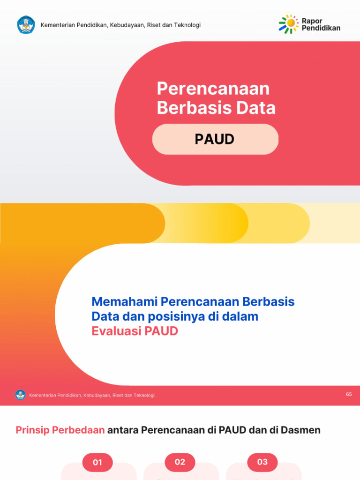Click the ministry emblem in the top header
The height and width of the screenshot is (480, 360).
(26, 25)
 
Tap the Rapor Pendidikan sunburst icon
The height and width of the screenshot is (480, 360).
(288, 24)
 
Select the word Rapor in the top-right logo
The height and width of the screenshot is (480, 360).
(312, 21)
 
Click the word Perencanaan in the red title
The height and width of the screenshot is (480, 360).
(213, 89)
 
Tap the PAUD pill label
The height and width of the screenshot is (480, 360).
(215, 139)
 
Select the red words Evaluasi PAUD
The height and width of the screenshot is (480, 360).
(135, 331)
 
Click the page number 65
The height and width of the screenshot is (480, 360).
(349, 394)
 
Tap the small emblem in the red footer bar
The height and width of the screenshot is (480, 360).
(20, 395)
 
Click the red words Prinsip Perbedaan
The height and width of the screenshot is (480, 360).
(60, 430)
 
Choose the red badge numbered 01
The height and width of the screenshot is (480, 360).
(97, 462)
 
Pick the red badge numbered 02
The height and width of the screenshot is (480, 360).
(180, 462)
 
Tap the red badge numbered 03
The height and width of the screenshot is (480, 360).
(262, 462)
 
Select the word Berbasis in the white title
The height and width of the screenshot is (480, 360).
(187, 108)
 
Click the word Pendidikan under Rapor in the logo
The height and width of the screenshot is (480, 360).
(321, 28)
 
